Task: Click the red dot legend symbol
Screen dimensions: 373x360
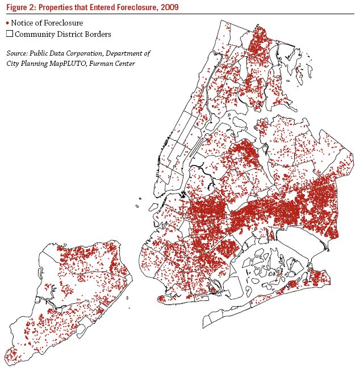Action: coord(7,22)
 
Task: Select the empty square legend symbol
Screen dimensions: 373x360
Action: coord(7,34)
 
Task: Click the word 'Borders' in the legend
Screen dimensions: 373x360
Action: coord(98,34)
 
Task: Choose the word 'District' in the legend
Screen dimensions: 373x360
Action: coord(70,34)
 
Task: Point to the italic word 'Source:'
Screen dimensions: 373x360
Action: coord(18,53)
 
